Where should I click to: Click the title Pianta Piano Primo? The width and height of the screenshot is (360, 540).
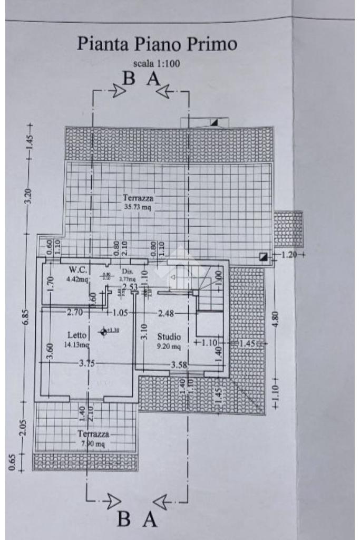[x=158, y=44]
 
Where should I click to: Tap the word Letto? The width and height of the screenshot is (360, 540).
[x=77, y=335]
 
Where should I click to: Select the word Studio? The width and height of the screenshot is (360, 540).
[x=169, y=336]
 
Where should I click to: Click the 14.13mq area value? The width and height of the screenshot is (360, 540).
[x=77, y=345]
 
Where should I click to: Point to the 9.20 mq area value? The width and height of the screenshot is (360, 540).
[x=169, y=346]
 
